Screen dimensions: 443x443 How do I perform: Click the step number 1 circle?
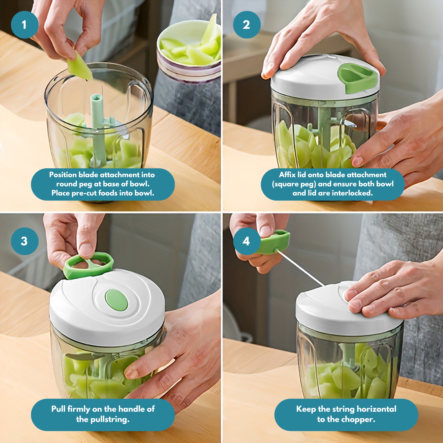point(24,25)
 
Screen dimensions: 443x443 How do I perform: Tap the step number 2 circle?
point(246,25)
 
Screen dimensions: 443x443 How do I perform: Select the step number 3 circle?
point(24,241)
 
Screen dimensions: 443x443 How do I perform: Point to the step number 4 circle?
point(246,241)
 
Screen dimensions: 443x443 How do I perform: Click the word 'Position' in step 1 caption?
point(63,175)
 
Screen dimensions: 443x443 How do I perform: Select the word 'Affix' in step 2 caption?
point(287,175)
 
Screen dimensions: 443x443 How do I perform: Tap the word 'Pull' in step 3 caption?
point(58,409)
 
